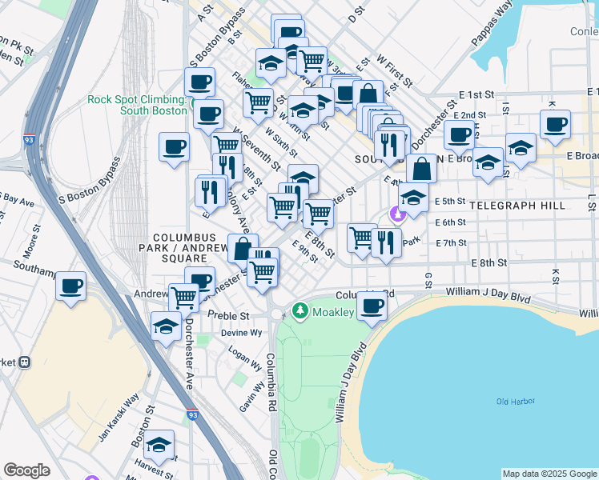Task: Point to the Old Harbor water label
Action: [x=515, y=402]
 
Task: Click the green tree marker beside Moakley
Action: [x=299, y=310]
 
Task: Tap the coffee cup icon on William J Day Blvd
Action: [x=372, y=305]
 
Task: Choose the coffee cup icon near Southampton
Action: [x=71, y=285]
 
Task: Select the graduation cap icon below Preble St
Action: [x=166, y=326]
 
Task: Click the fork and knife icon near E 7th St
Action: [x=386, y=242]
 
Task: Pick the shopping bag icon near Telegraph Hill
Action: [x=421, y=169]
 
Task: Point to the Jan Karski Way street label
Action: [x=119, y=416]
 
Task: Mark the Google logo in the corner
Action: [x=26, y=470]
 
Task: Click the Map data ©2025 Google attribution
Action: [x=549, y=474]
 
